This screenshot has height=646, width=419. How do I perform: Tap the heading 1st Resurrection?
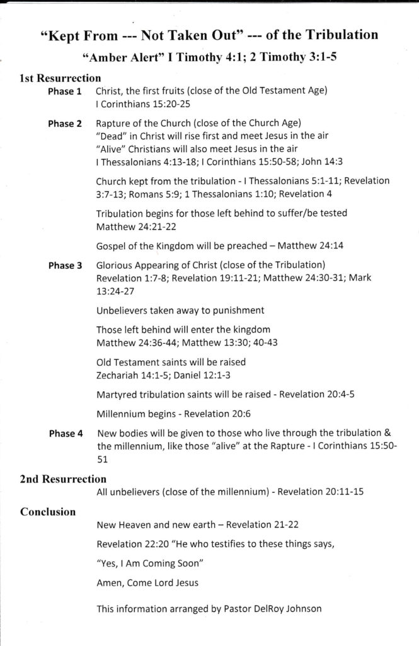60,79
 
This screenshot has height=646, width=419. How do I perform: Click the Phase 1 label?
65,91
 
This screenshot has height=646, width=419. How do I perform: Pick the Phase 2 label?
65,124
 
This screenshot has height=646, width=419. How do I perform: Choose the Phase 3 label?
65,266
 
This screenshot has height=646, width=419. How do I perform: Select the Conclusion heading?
49,512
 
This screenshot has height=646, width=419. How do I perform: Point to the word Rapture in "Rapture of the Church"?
116,123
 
